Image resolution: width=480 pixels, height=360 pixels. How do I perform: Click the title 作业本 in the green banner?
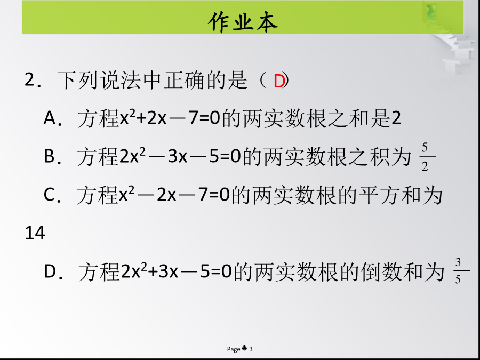(243, 22)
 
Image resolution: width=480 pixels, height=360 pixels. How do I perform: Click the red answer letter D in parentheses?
(279, 82)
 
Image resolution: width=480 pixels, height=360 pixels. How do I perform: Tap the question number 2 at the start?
(30, 80)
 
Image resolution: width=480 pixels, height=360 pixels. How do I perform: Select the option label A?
(51, 118)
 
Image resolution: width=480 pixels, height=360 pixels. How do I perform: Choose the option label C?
(50, 195)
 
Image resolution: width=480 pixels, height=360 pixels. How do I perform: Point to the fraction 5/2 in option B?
(425, 157)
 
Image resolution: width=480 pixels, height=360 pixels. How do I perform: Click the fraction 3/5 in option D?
(458, 271)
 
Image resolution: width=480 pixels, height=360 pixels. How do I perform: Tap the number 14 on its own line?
(35, 233)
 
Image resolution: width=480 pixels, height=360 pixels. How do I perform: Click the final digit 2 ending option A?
(396, 118)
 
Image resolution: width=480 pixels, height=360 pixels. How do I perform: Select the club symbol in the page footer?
(245, 348)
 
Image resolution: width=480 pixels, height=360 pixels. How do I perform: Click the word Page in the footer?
(234, 349)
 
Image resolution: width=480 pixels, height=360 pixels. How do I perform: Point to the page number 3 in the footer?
(251, 349)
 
